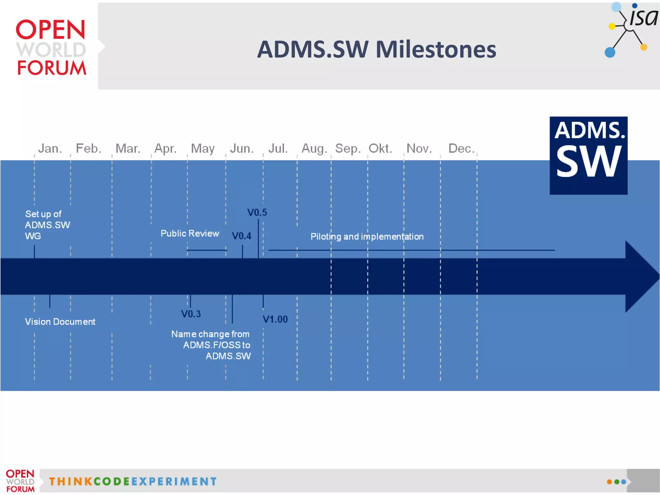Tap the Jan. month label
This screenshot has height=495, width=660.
tap(50, 148)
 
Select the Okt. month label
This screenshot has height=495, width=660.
tap(380, 148)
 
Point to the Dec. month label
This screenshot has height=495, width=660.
tap(461, 148)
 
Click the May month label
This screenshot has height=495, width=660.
tap(203, 149)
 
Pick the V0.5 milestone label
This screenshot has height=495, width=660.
tap(257, 213)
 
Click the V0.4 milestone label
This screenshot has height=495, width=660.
tap(241, 236)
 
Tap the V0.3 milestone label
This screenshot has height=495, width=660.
tap(191, 314)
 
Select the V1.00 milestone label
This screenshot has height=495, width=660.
tap(275, 319)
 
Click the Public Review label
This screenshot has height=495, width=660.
tap(190, 233)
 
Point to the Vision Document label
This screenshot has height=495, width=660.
tap(60, 322)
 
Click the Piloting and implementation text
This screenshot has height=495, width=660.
tap(367, 237)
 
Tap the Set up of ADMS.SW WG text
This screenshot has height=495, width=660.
tap(47, 225)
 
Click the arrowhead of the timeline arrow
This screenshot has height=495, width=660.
tap(641, 276)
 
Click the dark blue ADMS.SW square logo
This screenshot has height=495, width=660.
tap(588, 155)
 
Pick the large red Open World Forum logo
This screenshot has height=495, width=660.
tap(51, 47)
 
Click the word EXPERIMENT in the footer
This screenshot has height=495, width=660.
tap(174, 481)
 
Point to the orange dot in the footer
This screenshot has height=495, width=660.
tap(609, 482)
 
